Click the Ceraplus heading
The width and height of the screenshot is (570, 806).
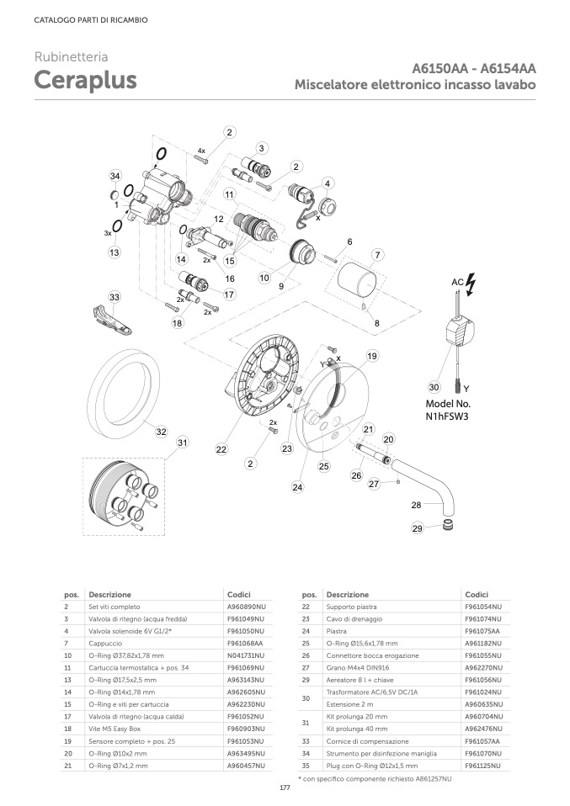pos(85,80)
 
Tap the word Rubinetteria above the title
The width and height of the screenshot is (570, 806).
pos(71,57)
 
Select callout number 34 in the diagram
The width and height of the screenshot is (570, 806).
pos(115,175)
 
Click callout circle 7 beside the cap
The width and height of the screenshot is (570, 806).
pos(378,255)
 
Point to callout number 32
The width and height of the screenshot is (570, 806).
pos(162,432)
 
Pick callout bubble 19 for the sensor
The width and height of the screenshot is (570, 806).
pos(372,357)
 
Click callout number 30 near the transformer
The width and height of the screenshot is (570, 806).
pos(434,388)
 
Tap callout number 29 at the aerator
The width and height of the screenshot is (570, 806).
pos(418,528)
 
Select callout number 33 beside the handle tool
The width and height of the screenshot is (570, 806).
pos(115,297)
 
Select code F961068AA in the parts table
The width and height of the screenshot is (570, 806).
pos(245,642)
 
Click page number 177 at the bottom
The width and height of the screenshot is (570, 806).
pos(285,788)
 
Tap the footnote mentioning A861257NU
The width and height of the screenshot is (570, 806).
pos(375,780)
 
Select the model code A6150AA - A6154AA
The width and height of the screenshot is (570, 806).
pos(474,69)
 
